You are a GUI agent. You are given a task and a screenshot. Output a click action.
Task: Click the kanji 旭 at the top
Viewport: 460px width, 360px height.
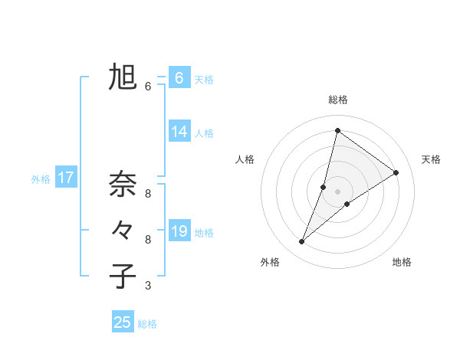tap(123, 77)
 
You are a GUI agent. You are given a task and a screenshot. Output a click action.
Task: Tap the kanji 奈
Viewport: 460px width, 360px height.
tap(123, 184)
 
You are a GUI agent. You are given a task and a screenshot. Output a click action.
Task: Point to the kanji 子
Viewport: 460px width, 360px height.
tap(123, 274)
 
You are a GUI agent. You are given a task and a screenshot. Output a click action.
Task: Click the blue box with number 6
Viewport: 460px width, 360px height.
tap(179, 78)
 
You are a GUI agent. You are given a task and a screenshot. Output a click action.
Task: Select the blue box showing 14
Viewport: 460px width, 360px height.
tap(179, 132)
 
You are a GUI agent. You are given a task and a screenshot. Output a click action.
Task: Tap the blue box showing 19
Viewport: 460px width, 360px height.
tap(179, 231)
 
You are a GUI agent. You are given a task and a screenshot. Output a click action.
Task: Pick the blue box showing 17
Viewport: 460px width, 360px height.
tap(66, 178)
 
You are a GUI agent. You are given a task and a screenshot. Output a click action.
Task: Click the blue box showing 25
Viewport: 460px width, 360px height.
tap(123, 322)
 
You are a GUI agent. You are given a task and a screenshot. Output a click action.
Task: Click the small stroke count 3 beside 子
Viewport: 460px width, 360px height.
tap(148, 286)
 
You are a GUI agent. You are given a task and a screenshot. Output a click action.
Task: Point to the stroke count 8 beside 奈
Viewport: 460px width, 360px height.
tap(148, 193)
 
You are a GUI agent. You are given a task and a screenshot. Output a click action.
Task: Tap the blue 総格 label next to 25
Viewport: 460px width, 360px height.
tap(147, 324)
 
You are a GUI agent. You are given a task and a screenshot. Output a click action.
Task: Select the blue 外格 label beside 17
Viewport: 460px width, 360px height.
tap(41, 179)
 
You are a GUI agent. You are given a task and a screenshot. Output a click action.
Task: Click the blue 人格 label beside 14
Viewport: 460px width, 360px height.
tap(204, 133)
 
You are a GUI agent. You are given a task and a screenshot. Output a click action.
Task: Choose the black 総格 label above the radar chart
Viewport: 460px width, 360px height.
tap(338, 100)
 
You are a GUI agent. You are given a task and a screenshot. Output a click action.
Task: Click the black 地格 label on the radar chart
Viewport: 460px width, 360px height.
tap(402, 262)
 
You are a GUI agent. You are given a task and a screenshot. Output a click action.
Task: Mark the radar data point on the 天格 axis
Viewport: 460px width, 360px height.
tap(396, 172)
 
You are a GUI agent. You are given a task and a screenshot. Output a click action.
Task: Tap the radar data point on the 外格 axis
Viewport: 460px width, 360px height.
tap(302, 242)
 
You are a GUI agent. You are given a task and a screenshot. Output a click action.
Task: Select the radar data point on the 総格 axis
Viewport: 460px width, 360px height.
tap(337, 130)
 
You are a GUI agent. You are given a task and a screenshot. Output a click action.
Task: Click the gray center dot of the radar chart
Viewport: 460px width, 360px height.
tap(337, 191)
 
